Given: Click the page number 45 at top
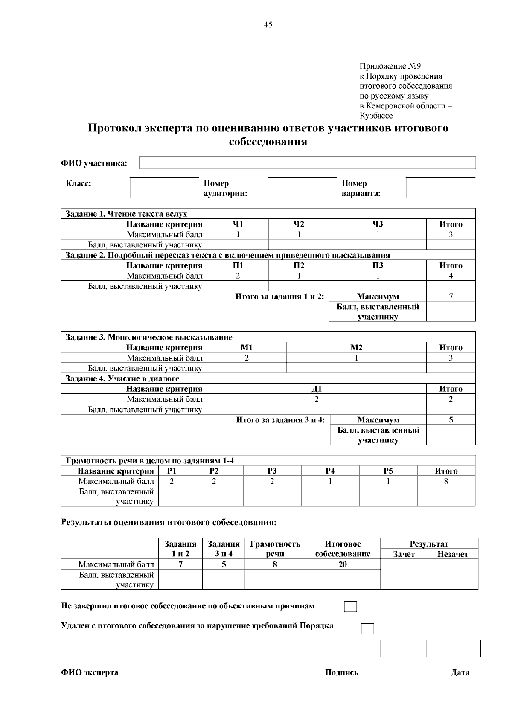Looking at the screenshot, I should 268,25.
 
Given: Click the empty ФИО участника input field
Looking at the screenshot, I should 307,163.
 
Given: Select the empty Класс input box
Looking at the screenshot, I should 164,188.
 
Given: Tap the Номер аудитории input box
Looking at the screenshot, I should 302,188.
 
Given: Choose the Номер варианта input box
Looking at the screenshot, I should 440,188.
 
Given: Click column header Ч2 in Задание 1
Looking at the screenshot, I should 299,224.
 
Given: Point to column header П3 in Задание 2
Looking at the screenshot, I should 378,265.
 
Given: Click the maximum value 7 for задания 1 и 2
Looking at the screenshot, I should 451,296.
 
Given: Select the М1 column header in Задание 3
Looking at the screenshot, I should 247,348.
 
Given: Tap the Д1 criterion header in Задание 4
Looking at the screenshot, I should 317,389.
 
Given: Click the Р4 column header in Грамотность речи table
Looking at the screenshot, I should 330,471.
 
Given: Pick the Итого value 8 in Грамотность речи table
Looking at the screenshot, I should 446,481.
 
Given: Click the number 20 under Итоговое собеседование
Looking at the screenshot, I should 343,564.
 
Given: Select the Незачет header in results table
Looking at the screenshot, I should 453,554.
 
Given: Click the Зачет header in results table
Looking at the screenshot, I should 404,554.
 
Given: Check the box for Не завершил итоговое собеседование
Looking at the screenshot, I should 350,607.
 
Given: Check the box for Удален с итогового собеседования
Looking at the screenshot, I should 367,628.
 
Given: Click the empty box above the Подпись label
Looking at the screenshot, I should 346,648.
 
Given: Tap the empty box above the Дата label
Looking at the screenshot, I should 453,648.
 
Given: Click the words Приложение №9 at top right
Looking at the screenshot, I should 390,66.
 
